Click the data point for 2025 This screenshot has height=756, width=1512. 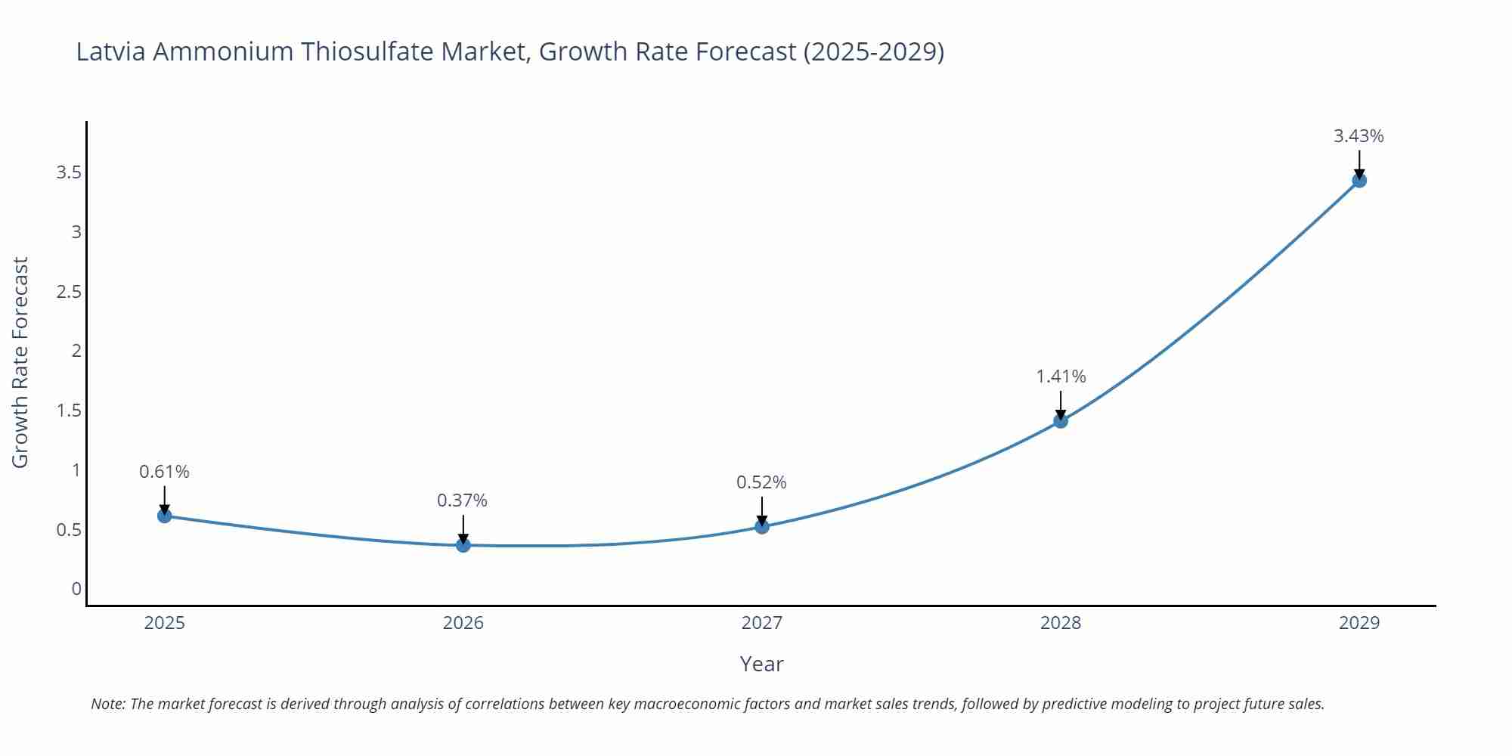(164, 516)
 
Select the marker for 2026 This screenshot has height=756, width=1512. (463, 544)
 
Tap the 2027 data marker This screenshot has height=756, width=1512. (761, 526)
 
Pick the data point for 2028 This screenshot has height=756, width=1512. (1060, 420)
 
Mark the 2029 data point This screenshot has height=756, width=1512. (1359, 180)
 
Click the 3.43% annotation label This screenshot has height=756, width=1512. (1358, 136)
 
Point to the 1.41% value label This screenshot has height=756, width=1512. (1060, 376)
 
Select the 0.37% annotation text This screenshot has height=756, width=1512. (462, 500)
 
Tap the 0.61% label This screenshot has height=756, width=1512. (164, 472)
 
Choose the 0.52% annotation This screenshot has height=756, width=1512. (761, 482)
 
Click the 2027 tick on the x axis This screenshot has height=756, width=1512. (761, 623)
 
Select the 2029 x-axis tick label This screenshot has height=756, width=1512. (1359, 623)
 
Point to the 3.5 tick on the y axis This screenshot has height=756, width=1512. (69, 172)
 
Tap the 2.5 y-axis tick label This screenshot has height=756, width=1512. (69, 291)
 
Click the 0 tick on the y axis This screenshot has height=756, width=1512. (76, 588)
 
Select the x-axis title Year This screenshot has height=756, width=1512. (761, 664)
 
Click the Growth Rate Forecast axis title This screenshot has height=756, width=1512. (20, 362)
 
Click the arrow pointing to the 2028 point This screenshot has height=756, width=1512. (1060, 404)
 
